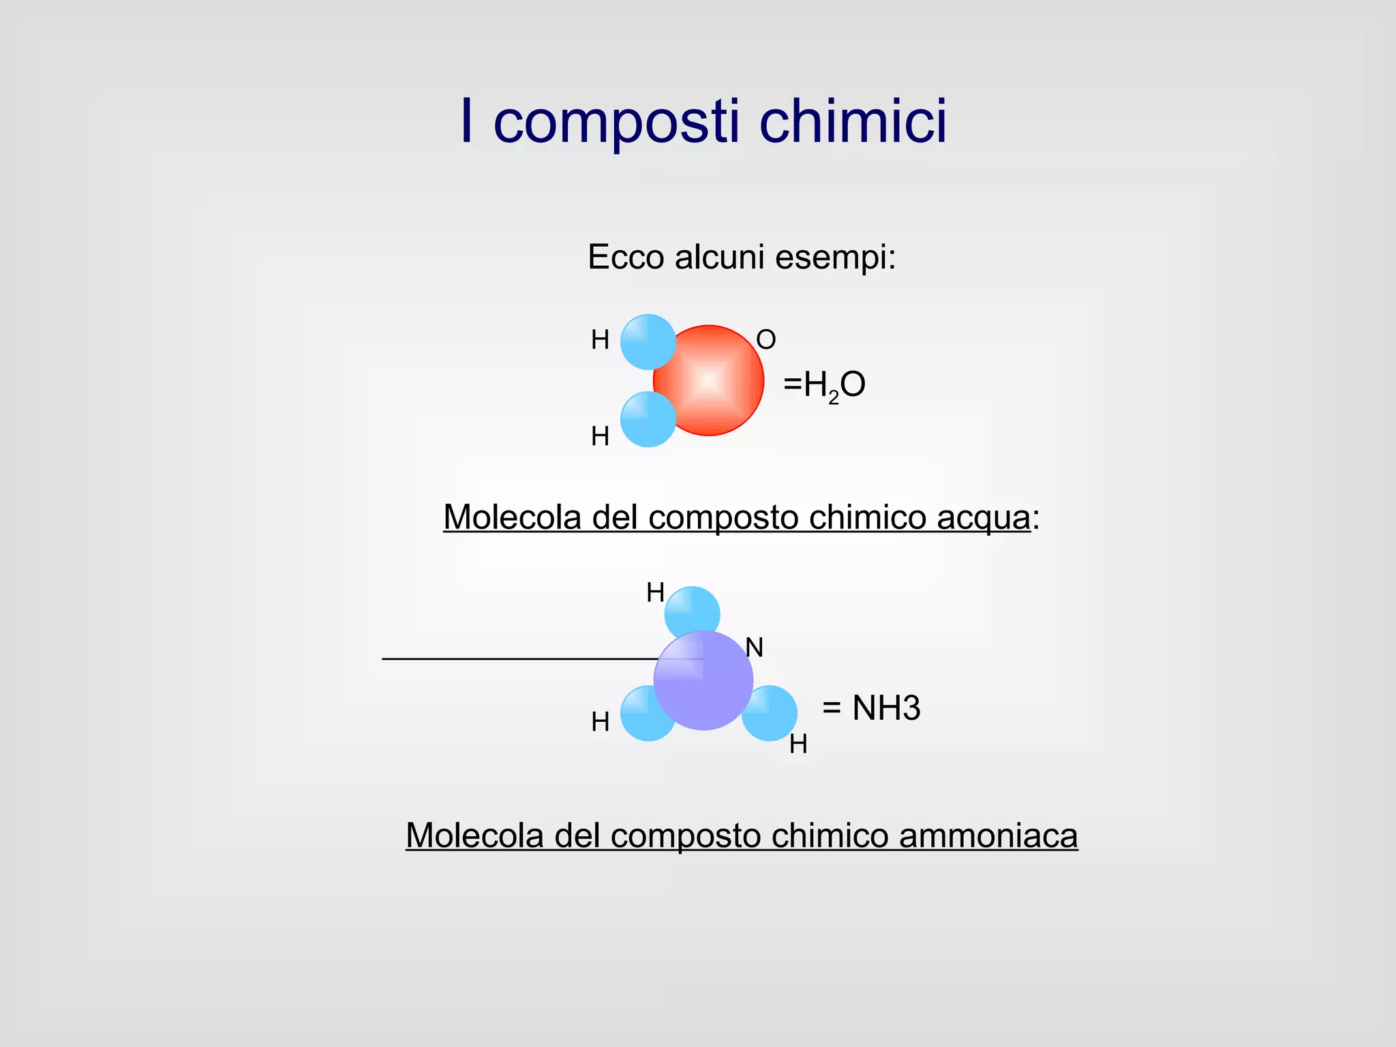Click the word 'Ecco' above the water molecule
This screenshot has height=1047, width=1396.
coord(625,258)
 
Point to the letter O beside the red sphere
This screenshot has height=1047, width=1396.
coord(766,339)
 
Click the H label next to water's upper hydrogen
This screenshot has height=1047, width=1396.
coord(600,339)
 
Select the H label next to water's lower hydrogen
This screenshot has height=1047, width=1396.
coord(600,436)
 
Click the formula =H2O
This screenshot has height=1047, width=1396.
coord(824,385)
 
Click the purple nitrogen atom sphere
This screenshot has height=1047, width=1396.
coord(703,682)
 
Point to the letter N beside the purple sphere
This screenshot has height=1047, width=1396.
coord(754,648)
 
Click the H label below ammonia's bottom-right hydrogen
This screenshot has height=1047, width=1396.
coord(798,744)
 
